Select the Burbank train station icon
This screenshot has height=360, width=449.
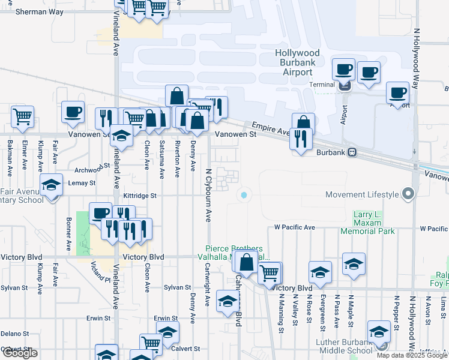pos(353,152)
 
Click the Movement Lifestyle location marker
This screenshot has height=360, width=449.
pos(408,194)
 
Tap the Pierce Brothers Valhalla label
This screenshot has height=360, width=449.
pos(234,253)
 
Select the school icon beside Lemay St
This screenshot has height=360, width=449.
pos(52,184)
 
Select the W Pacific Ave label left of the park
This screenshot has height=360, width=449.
pos(295,228)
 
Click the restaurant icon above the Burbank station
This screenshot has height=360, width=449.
pos(299,139)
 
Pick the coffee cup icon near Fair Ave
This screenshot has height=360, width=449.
pos(73,112)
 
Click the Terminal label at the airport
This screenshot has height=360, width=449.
pos(322,85)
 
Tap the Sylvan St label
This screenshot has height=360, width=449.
pos(177,288)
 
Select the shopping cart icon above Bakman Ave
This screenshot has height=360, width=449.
pos(22,116)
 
